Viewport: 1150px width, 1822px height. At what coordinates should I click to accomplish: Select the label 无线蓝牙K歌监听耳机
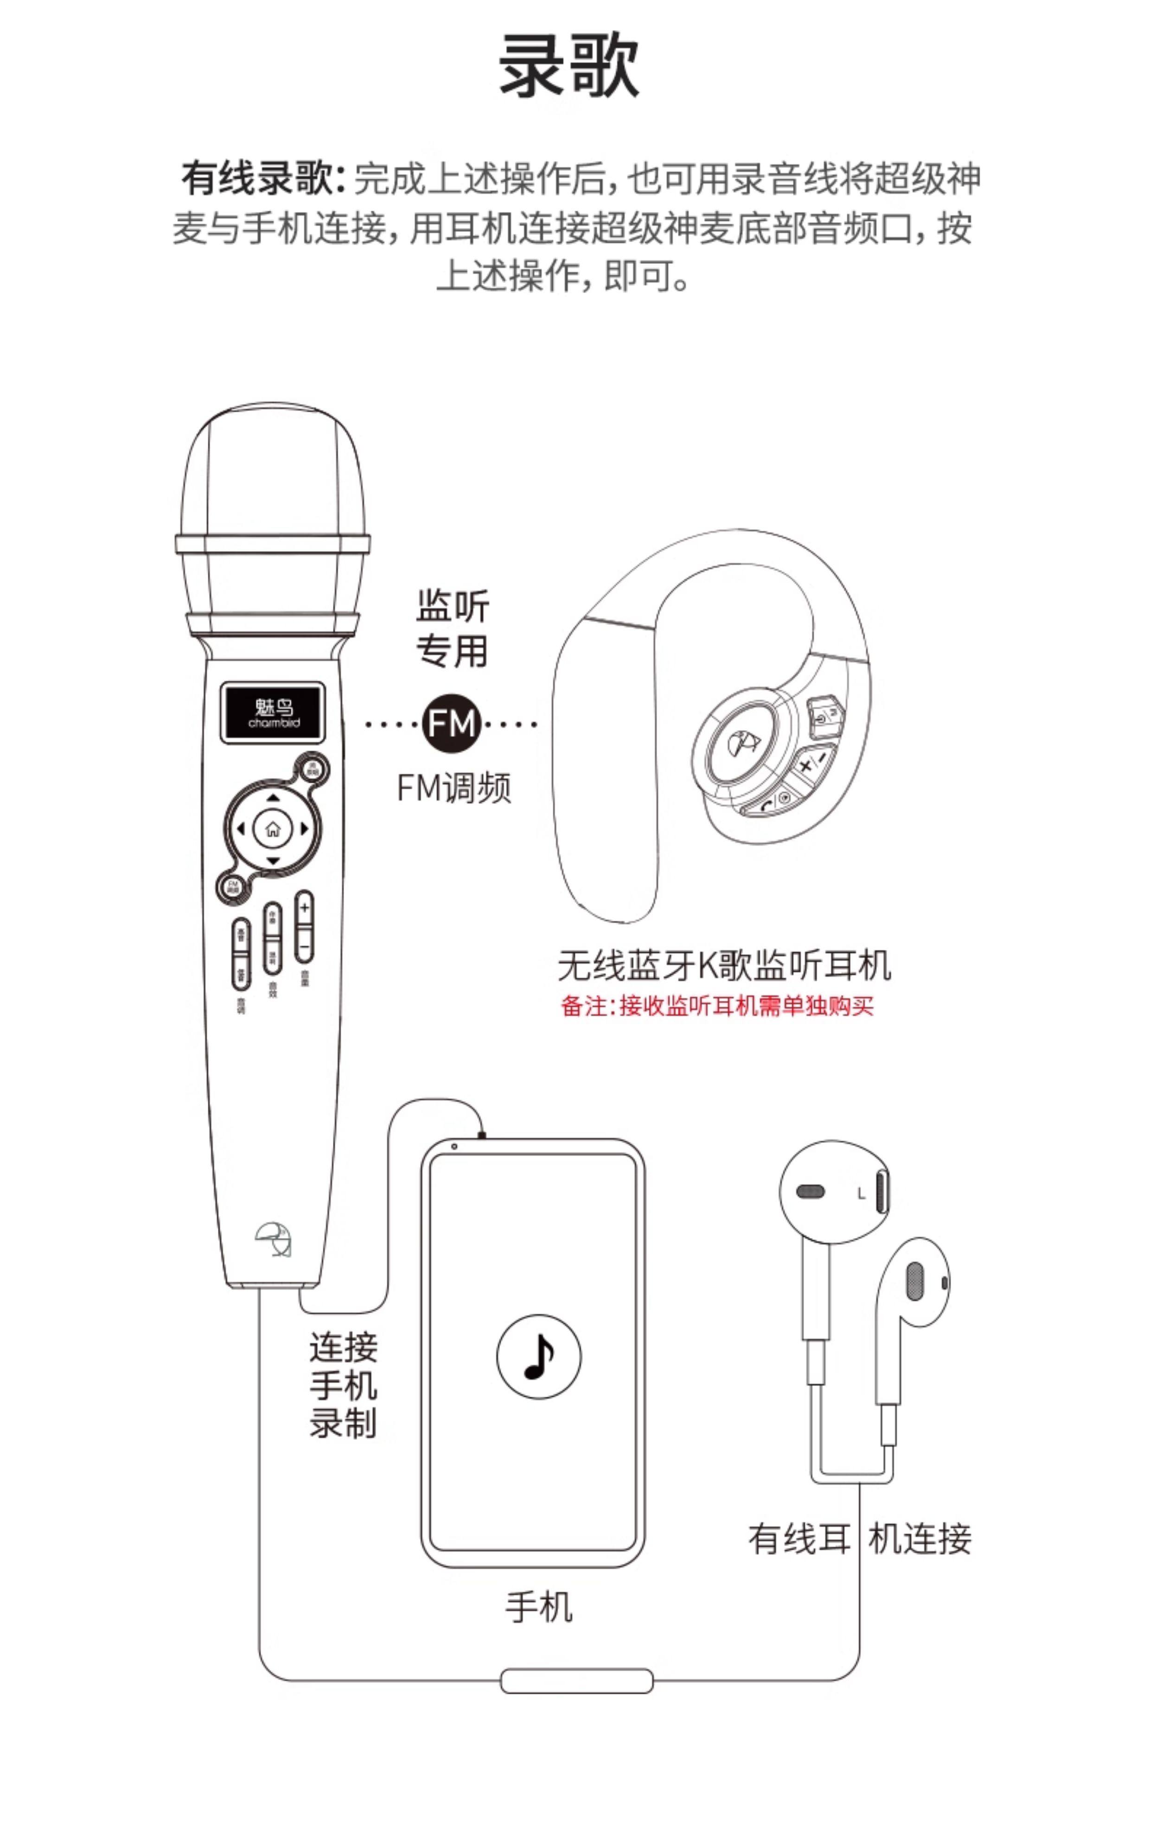(x=724, y=965)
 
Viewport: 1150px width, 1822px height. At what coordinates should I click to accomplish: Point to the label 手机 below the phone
(x=539, y=1606)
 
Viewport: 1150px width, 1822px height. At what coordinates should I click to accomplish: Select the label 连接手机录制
(x=343, y=1385)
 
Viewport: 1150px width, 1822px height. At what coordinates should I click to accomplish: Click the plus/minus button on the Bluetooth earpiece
(x=812, y=763)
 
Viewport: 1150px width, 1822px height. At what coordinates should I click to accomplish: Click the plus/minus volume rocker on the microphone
(x=304, y=926)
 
